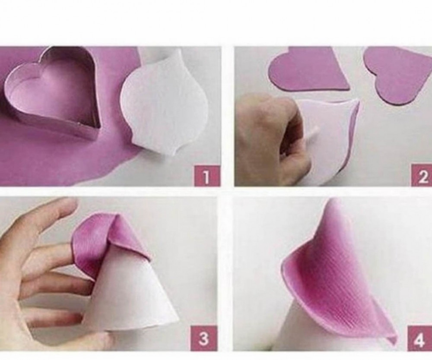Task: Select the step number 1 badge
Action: tap(207, 176)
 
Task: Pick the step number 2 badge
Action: tap(422, 176)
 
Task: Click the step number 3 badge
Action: tap(203, 338)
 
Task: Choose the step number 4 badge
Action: tap(419, 339)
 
